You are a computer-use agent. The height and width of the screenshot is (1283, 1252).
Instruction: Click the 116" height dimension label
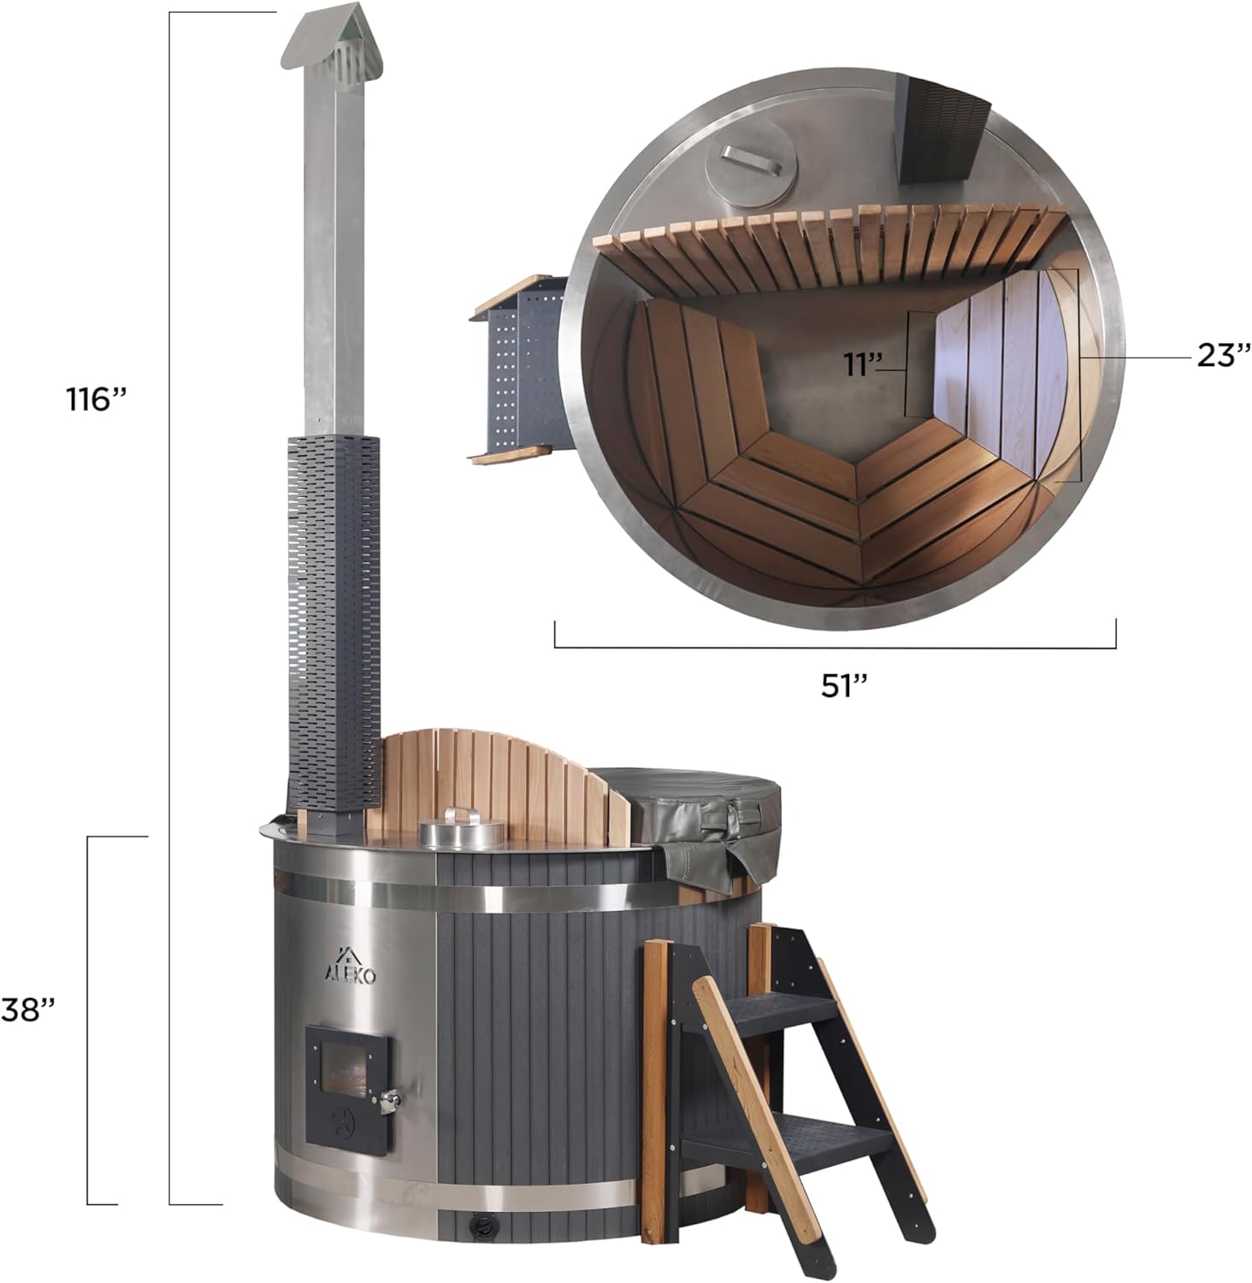[97, 399]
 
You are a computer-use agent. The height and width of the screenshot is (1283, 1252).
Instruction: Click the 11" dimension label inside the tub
[864, 364]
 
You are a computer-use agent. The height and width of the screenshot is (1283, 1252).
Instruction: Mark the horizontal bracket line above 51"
[835, 647]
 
